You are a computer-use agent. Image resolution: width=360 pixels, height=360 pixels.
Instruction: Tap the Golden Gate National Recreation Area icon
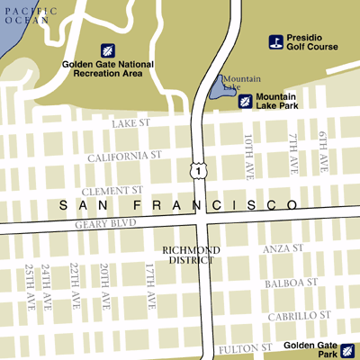107,49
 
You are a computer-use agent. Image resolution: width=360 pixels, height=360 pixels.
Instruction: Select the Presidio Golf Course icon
277,41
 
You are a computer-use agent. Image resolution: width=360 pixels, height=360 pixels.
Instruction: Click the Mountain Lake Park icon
245,101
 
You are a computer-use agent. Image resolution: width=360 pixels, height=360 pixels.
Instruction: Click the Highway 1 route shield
195,169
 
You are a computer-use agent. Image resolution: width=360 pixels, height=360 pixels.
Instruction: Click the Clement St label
112,191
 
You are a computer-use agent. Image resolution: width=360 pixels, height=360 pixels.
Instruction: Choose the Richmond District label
188,255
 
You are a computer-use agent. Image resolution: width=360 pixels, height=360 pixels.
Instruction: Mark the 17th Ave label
150,285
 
